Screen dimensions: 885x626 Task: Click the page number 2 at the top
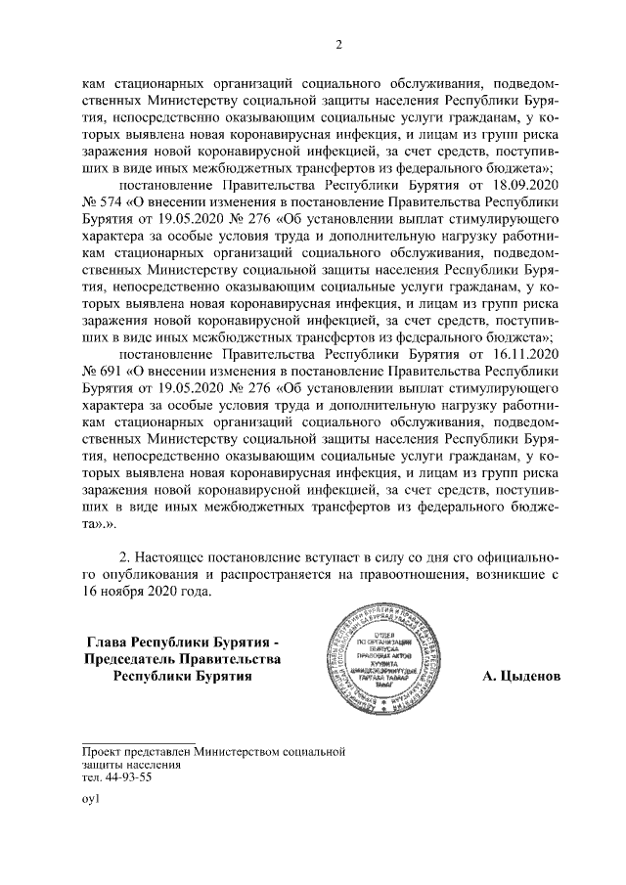339,44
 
